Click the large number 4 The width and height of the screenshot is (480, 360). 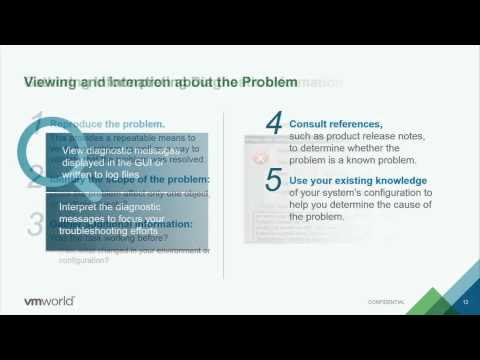[274, 123]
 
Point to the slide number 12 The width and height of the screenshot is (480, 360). [465, 300]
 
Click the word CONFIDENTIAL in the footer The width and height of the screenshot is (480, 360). [386, 301]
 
